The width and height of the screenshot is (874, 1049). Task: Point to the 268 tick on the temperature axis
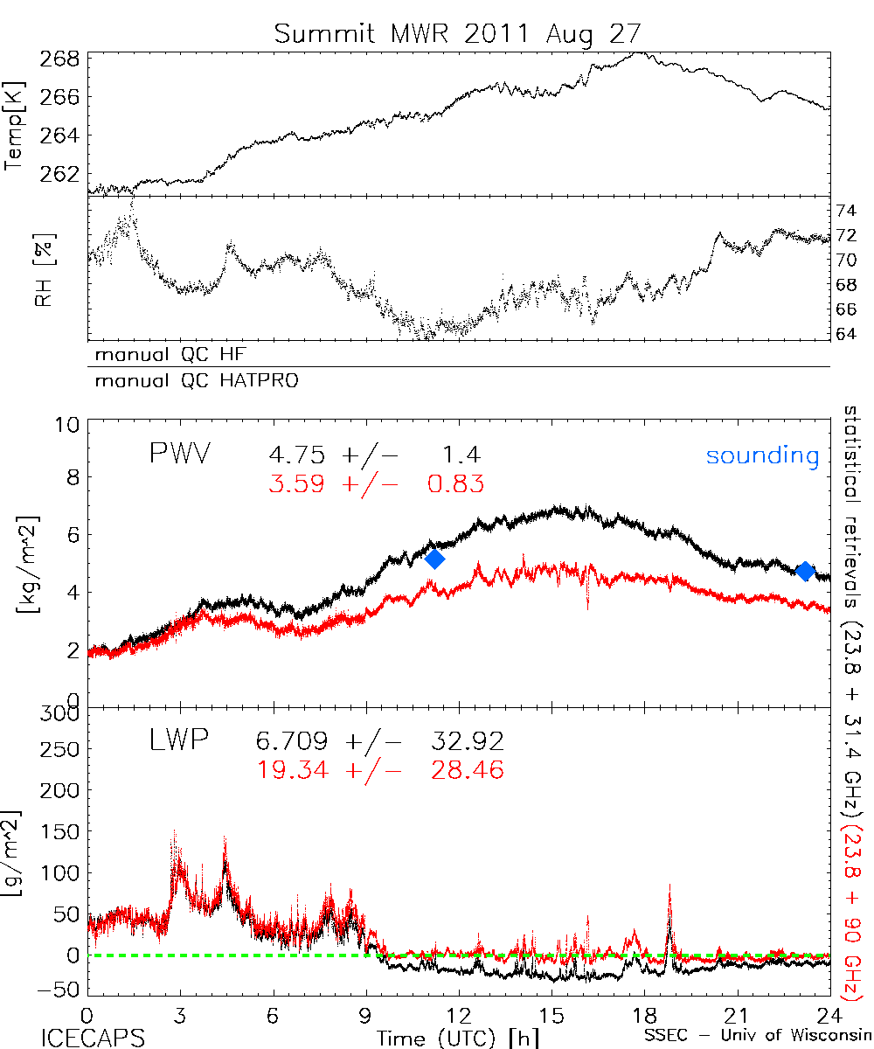coord(60,59)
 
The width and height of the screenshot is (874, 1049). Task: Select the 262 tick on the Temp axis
coord(60,173)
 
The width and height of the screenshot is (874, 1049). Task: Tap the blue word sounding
coord(762,455)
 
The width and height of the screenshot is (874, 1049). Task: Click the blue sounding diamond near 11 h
coord(434,559)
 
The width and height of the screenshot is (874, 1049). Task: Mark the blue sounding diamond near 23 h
coord(806,571)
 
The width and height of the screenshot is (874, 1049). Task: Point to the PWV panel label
coord(181,455)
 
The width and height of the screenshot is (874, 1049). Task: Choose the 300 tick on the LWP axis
coord(60,714)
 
